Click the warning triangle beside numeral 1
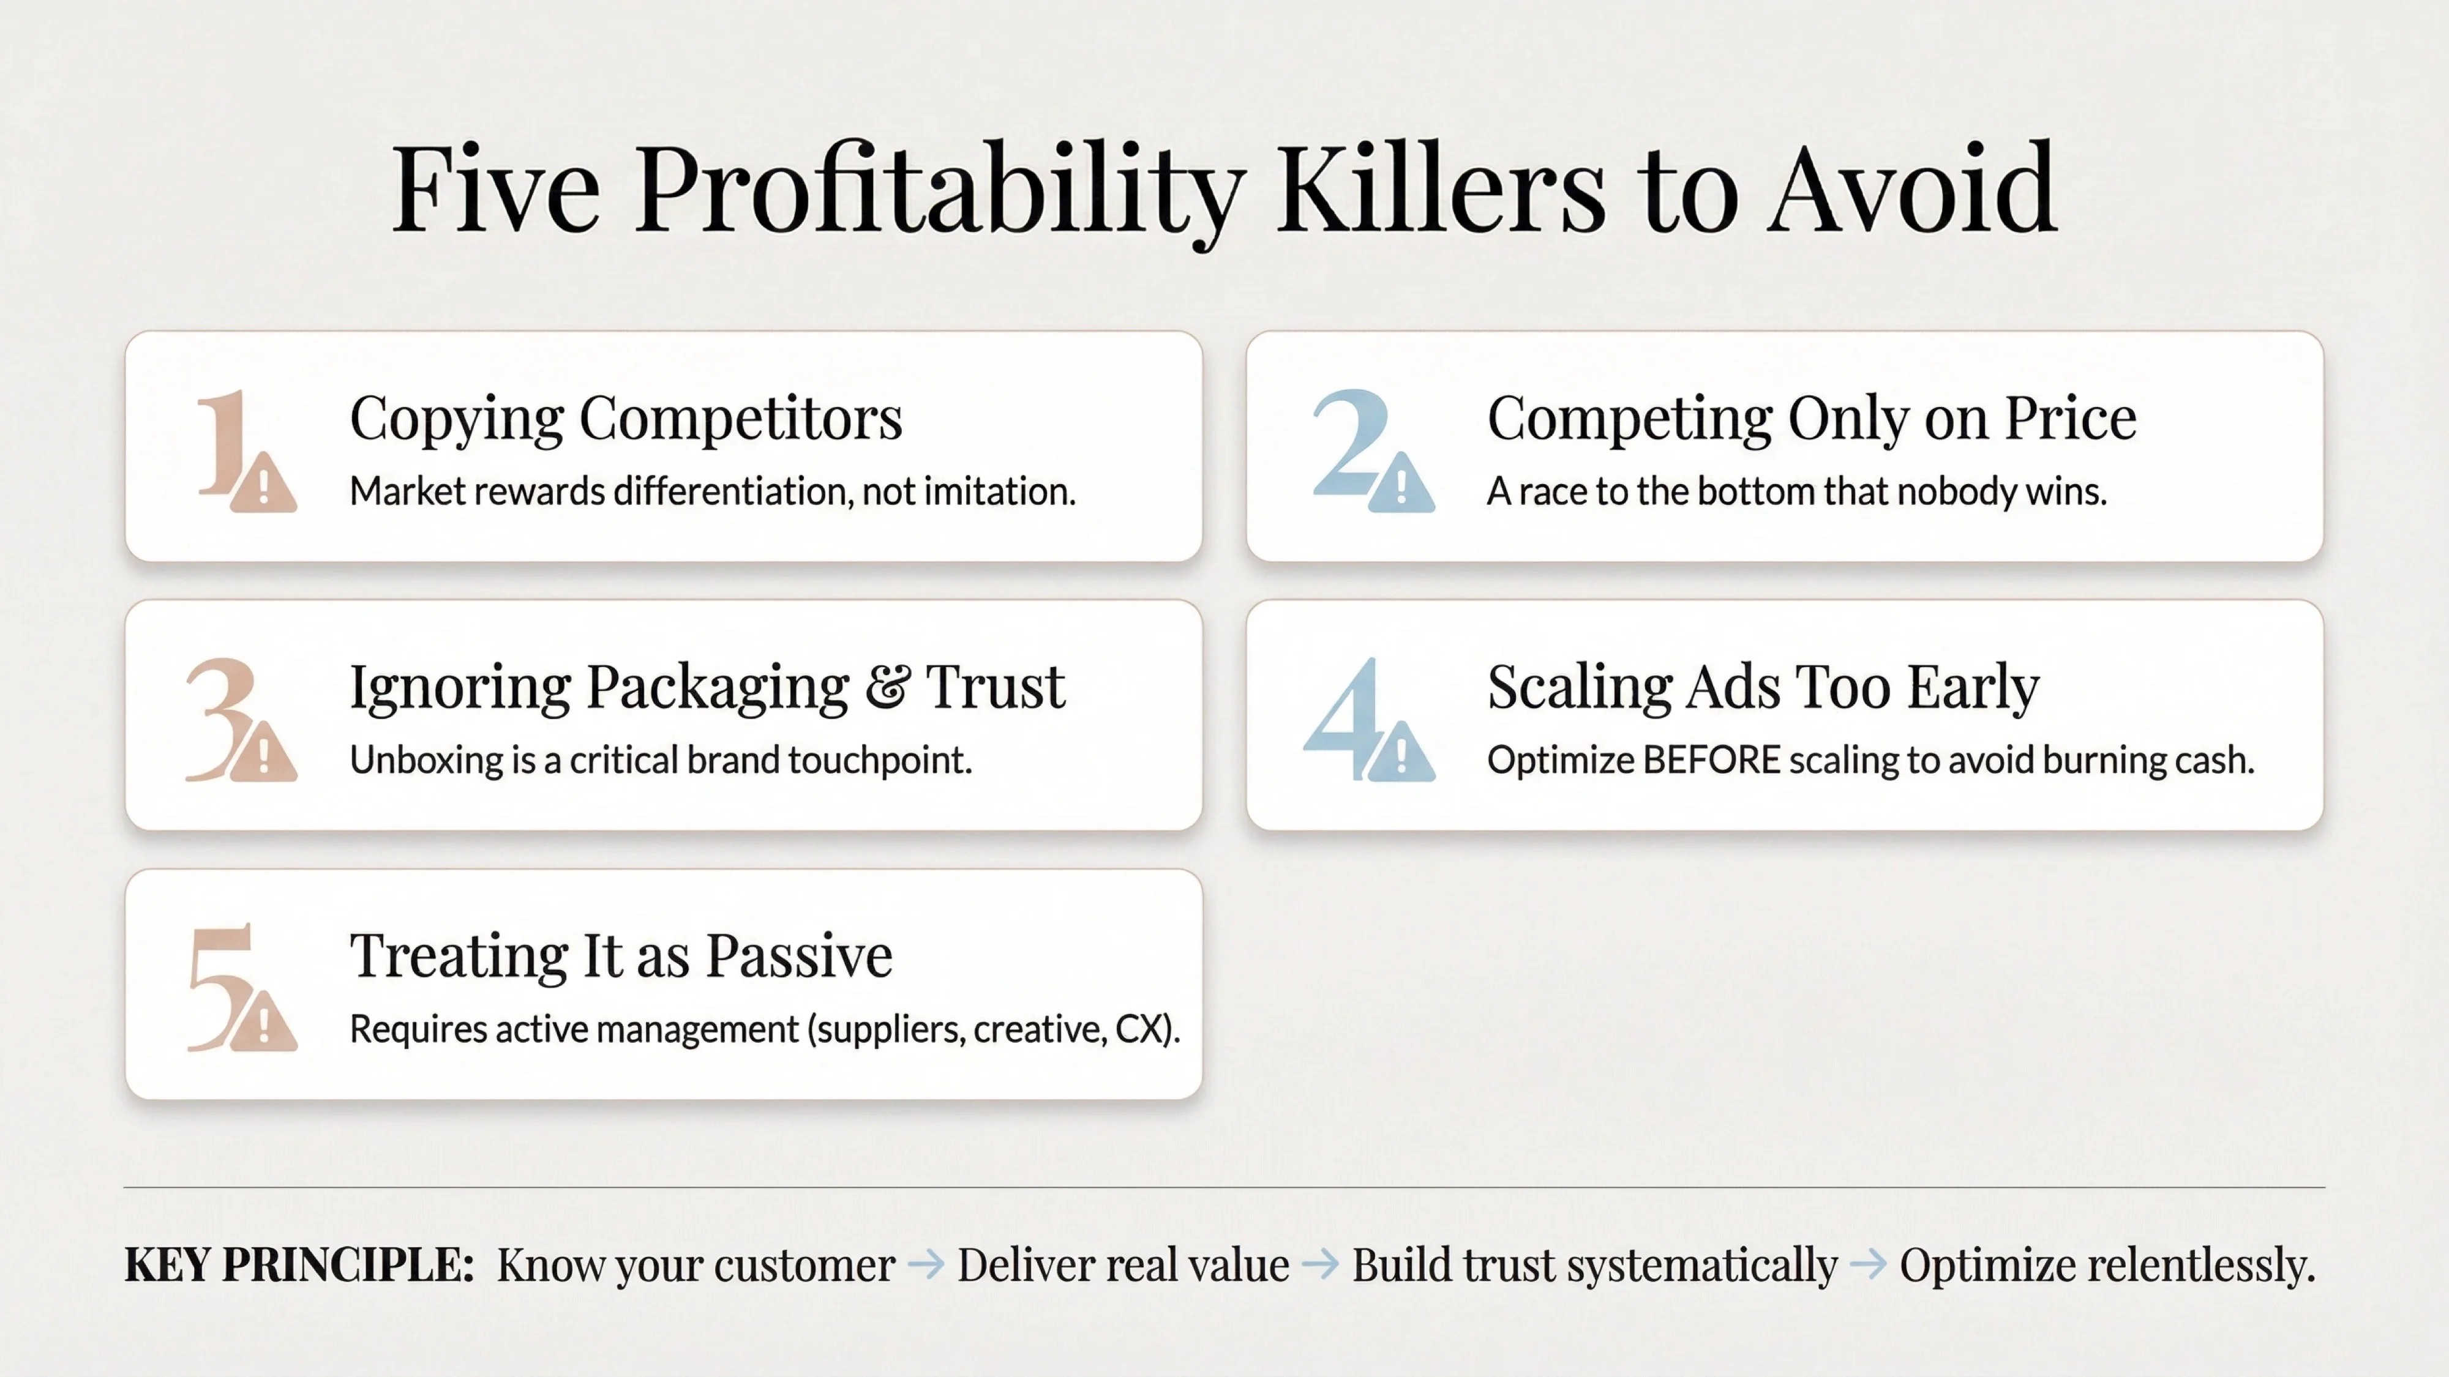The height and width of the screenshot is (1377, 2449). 263,485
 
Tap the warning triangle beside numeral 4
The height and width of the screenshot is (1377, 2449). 1401,753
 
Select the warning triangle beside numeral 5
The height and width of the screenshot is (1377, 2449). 263,1023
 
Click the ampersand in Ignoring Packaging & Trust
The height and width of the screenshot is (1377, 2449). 887,687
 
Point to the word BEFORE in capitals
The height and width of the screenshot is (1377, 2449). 1711,760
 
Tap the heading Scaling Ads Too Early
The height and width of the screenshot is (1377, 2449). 1763,687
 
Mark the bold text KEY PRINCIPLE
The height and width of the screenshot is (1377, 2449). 299,1265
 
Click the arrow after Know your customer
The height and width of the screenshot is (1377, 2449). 926,1265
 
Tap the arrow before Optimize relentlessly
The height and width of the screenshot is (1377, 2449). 1868,1265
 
